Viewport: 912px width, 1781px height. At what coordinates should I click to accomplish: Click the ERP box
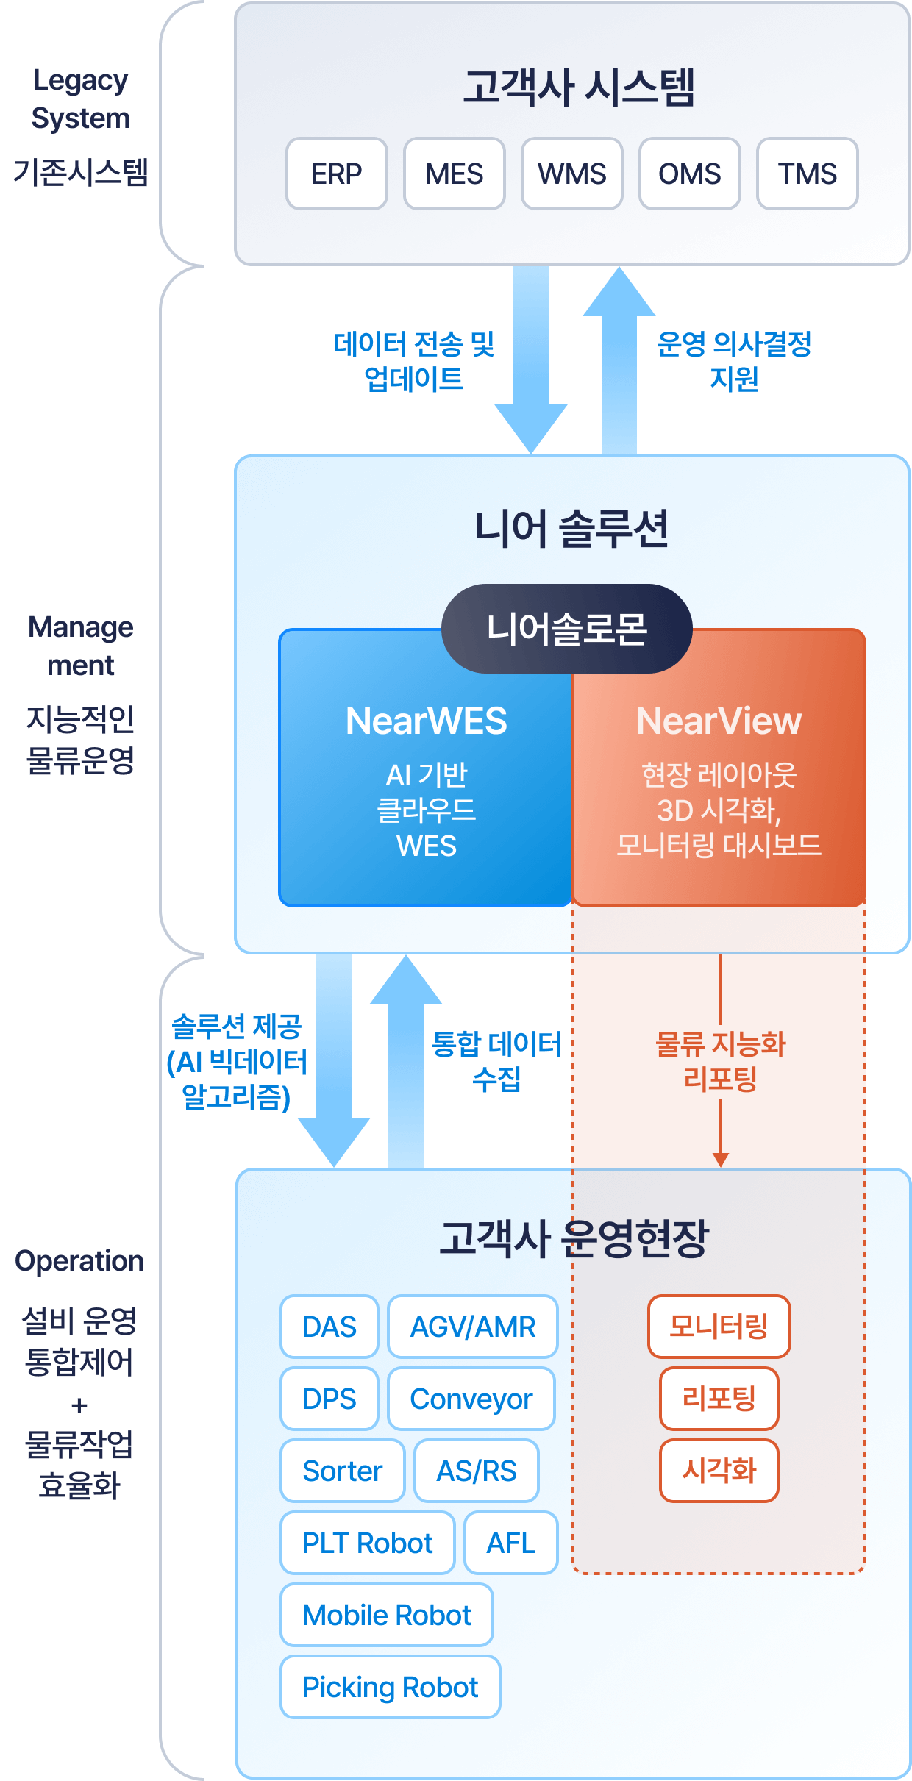click(337, 174)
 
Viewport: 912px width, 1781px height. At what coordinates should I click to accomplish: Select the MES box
click(455, 174)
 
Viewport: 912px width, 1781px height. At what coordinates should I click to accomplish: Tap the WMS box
click(572, 174)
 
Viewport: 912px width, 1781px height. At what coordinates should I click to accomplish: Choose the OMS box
click(690, 174)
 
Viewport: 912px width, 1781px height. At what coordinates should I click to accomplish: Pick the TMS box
click(808, 174)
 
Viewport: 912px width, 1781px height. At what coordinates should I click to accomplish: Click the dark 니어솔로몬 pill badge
click(566, 629)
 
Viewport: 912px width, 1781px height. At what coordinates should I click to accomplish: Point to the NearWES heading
click(427, 721)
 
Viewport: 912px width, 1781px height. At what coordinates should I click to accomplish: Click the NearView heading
click(719, 721)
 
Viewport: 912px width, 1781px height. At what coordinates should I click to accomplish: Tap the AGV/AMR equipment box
click(473, 1327)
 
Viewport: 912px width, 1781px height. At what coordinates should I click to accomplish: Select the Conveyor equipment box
click(471, 1399)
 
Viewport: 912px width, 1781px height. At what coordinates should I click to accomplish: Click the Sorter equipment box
click(343, 1471)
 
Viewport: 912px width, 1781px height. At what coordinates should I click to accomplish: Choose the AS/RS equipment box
click(477, 1471)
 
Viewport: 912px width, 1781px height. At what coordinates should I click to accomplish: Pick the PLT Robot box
click(368, 1543)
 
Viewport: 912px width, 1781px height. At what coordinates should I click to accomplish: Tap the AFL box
click(511, 1543)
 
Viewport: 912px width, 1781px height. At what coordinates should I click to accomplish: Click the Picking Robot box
click(391, 1687)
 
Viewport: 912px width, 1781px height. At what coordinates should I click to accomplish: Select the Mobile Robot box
click(387, 1615)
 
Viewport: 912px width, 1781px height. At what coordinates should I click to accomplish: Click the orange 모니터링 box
click(719, 1327)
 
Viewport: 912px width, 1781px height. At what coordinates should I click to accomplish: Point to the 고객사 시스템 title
click(579, 88)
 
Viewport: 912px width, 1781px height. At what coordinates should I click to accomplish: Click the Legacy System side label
click(81, 99)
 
